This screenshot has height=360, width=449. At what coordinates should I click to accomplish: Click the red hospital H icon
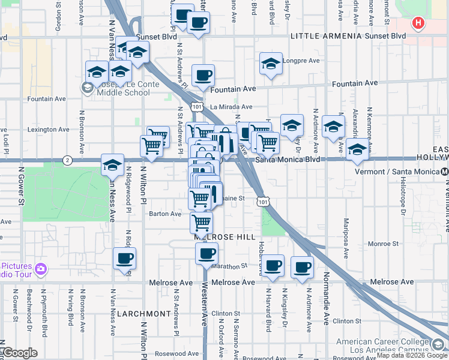pos(418,24)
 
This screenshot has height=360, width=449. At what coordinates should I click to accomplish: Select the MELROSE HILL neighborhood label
pos(225,237)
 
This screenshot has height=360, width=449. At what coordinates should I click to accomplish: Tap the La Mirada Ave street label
pos(231,107)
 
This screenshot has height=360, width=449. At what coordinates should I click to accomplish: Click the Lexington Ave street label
pos(48,129)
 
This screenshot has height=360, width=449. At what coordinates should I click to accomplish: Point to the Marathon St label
pos(229,266)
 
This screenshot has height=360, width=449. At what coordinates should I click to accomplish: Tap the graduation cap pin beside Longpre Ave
pos(271,64)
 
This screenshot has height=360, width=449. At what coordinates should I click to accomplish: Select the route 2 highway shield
pos(67,160)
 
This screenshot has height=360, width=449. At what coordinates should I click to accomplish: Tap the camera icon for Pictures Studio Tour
pos(41,268)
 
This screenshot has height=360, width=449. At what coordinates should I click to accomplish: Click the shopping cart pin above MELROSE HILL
pos(201,223)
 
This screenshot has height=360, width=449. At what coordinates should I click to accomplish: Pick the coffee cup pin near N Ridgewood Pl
pos(125,259)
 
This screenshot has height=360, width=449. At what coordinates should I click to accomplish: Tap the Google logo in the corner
pos(20,353)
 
